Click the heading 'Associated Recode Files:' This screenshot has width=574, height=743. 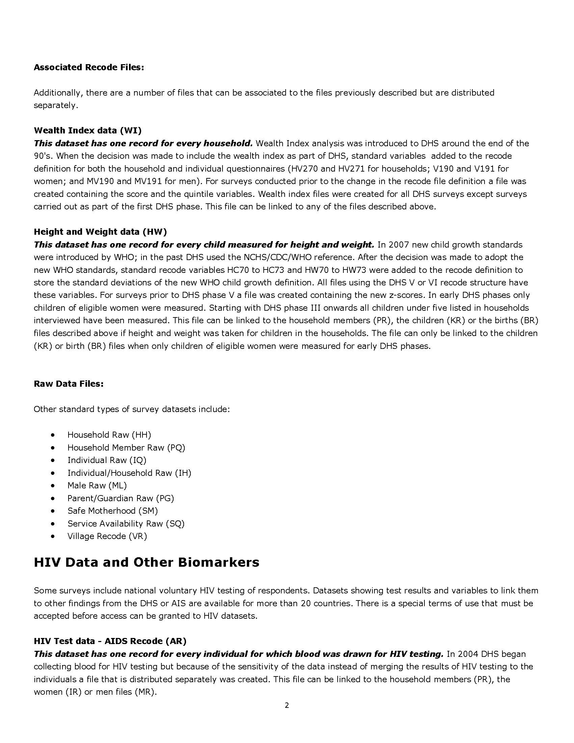pos(89,67)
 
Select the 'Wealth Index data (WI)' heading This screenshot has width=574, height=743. pos(87,130)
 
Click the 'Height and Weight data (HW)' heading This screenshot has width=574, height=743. pos(100,232)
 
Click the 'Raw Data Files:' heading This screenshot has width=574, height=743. pos(68,384)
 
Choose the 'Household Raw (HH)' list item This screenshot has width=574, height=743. pos(109,435)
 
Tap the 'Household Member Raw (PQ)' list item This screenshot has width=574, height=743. pos(126,448)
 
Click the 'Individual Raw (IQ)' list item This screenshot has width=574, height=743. pos(107,460)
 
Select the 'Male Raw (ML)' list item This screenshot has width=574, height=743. pos(97,486)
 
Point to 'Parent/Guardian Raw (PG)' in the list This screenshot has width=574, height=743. pos(121,498)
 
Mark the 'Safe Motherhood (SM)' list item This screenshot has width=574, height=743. pos(112,511)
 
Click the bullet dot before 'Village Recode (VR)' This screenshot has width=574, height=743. pos(53,537)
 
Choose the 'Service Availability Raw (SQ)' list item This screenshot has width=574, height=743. pos(126,523)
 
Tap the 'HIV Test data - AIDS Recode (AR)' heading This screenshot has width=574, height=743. pos(110,641)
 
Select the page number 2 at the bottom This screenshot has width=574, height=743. pos(287,706)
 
